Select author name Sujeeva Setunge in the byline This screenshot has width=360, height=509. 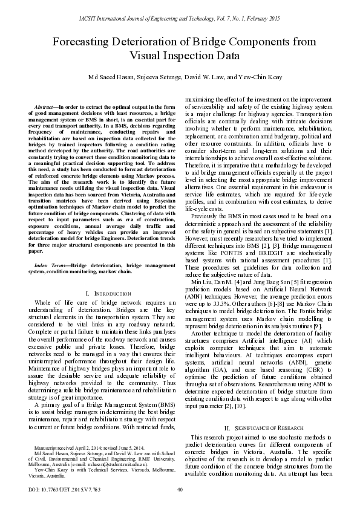click(162, 78)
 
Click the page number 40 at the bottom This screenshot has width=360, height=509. click(180, 490)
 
